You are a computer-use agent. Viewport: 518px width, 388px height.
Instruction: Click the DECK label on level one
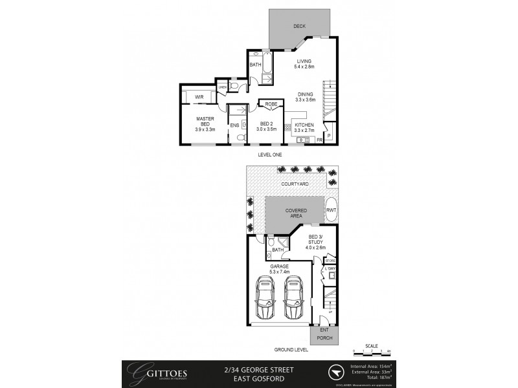pyautogui.click(x=298, y=26)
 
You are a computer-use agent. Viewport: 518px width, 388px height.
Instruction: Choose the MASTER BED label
pyautogui.click(x=205, y=123)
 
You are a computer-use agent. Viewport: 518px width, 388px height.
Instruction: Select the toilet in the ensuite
pyautogui.click(x=240, y=138)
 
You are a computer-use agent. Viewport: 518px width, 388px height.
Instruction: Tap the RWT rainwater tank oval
pyautogui.click(x=331, y=210)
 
